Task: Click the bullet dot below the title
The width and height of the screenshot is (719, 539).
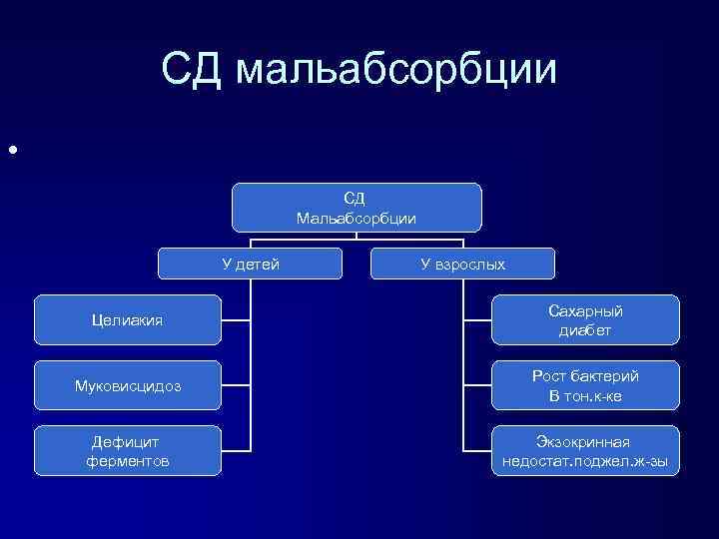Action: (13, 151)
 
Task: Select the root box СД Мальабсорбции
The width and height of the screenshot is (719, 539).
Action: (357, 207)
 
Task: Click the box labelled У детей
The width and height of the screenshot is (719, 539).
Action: (251, 264)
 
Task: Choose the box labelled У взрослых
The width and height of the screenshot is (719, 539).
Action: (462, 264)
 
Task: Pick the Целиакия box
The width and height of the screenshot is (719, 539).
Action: (126, 320)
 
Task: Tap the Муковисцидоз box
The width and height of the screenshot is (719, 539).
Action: (126, 386)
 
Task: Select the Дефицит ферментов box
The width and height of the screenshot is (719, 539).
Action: (126, 451)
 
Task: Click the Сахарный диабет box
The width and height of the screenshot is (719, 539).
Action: (586, 320)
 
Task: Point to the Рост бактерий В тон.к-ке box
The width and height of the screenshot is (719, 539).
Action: (586, 386)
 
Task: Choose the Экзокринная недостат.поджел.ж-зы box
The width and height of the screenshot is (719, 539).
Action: (586, 451)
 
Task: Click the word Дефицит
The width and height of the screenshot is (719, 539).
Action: (127, 441)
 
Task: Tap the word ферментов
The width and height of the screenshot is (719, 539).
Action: (127, 461)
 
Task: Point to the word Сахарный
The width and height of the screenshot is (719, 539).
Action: (586, 310)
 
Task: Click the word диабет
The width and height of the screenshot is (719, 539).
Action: (586, 330)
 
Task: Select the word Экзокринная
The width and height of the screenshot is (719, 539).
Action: (586, 441)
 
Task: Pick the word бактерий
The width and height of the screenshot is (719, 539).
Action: (605, 376)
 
